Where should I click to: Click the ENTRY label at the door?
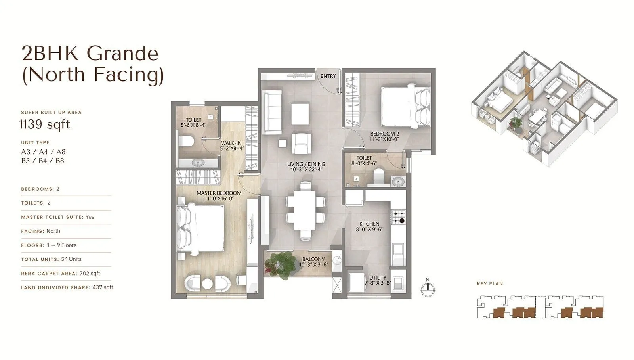point(328,76)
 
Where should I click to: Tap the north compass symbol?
point(428,290)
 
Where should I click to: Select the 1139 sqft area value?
point(45,124)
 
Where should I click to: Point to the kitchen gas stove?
point(399,217)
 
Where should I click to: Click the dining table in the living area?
point(305,211)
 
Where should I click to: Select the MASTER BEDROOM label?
point(219,193)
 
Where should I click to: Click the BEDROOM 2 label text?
point(384,134)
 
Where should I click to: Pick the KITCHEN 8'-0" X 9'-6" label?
point(369,226)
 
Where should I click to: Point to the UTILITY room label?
point(378,278)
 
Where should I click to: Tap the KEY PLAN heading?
point(490,284)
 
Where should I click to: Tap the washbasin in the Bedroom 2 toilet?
point(398,182)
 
